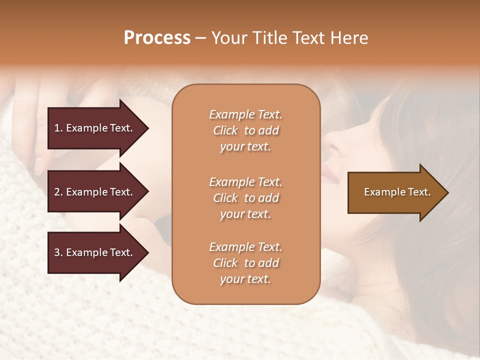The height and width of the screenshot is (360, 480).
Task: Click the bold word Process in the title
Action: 157,38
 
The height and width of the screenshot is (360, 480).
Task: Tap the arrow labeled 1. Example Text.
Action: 95,128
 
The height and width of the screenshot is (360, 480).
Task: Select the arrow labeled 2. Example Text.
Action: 95,192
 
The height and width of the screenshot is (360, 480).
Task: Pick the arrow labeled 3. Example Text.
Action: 95,252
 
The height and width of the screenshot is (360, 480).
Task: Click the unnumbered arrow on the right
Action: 395,192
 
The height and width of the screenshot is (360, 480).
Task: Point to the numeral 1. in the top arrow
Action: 58,128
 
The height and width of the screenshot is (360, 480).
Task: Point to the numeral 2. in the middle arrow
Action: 58,192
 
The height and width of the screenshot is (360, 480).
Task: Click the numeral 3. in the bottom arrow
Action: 58,252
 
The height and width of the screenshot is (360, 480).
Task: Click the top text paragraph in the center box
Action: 245,130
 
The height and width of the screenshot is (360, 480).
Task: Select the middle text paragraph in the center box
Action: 245,197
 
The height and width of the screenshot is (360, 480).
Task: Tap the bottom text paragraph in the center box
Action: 245,263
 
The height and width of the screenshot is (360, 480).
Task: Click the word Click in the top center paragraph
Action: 225,130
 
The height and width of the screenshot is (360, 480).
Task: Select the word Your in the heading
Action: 228,38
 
